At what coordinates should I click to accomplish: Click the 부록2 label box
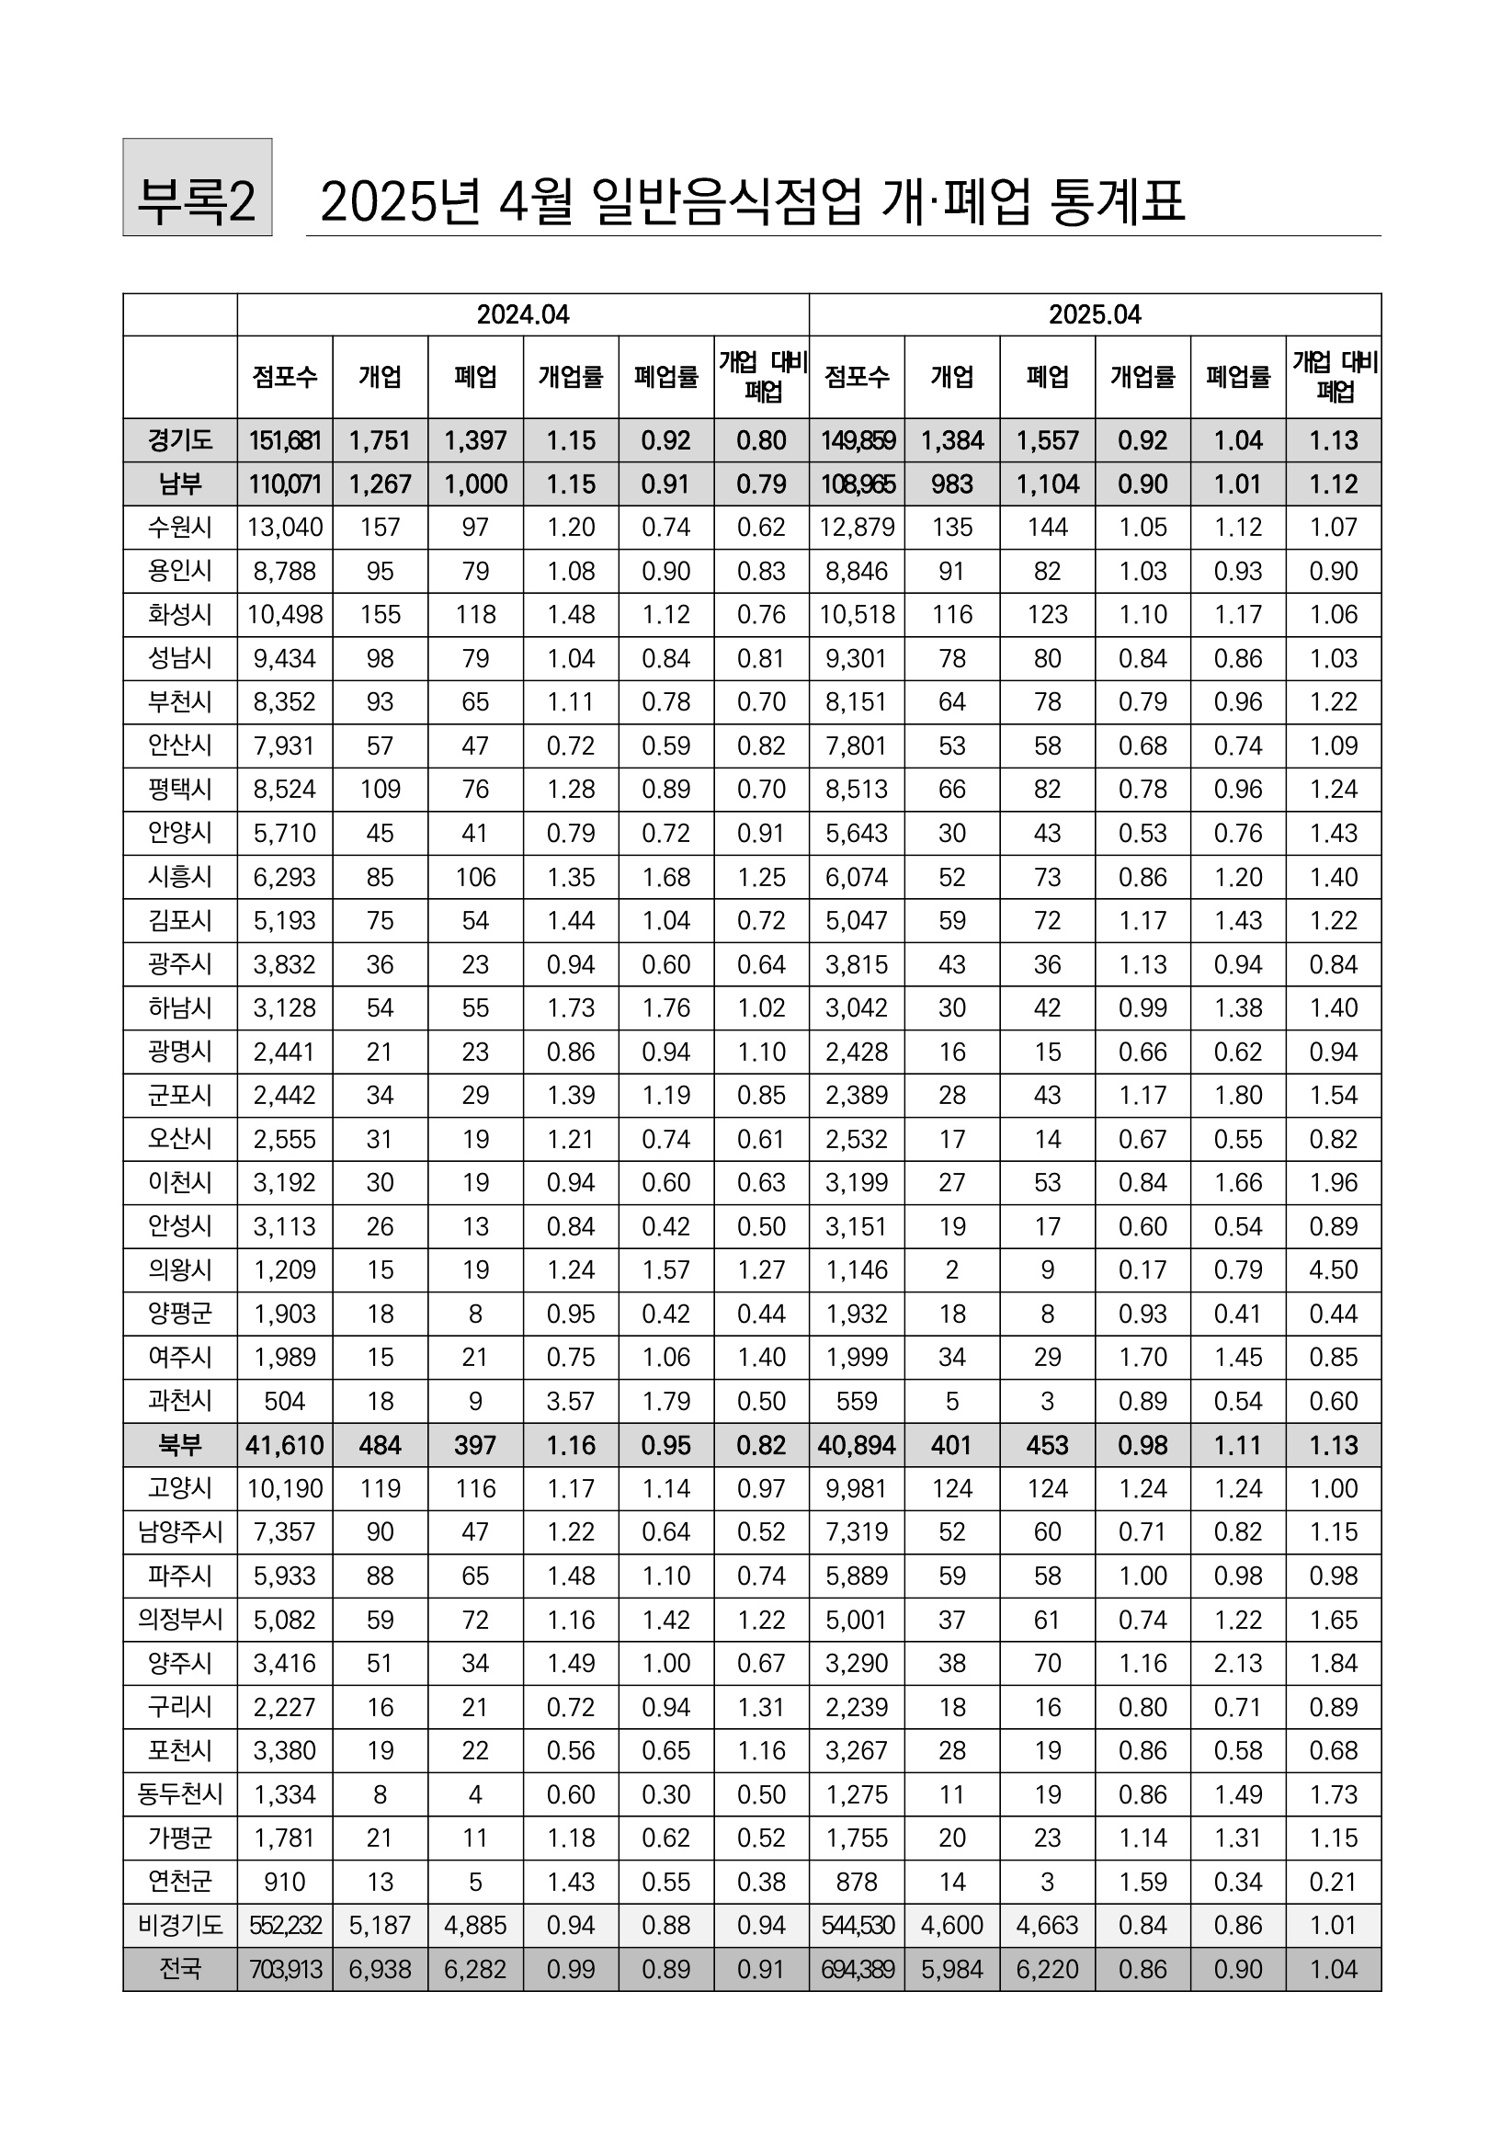[x=197, y=187]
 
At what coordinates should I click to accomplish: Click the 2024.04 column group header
[x=522, y=314]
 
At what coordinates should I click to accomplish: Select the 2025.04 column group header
[x=1095, y=314]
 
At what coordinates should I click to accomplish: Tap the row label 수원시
[x=180, y=528]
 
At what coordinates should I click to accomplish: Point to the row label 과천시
[x=180, y=1401]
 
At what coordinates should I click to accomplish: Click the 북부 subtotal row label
[x=180, y=1445]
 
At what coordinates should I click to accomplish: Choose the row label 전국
[x=180, y=1969]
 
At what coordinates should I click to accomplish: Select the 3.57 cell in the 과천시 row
[x=571, y=1401]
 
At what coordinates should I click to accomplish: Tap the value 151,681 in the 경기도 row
[x=285, y=440]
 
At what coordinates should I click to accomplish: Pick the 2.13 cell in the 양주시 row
[x=1238, y=1663]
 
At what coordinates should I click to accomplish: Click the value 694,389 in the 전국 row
[x=857, y=1969]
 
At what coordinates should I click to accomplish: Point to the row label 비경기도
[x=180, y=1925]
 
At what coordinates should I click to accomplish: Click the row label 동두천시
[x=180, y=1794]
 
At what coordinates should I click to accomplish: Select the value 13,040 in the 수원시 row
[x=285, y=528]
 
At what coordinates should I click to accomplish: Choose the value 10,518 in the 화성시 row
[x=857, y=615]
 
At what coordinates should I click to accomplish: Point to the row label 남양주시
[x=180, y=1532]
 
